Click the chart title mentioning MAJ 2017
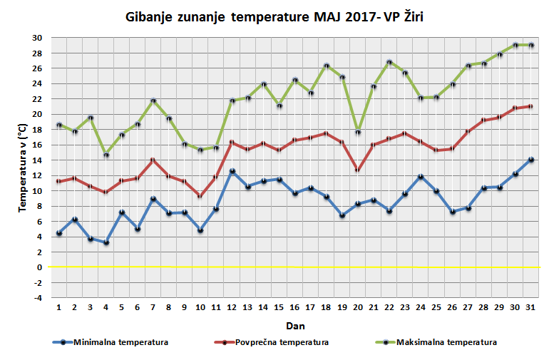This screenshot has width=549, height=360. (x=274, y=16)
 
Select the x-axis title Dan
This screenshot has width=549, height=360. (x=296, y=325)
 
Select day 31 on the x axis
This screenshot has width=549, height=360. (x=530, y=308)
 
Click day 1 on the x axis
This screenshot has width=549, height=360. (x=59, y=308)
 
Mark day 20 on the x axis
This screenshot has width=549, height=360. (x=358, y=308)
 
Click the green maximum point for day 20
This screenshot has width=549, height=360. (x=358, y=132)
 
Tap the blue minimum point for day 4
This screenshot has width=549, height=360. (x=106, y=242)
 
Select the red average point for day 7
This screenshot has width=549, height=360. (x=153, y=160)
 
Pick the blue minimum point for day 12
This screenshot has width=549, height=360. (x=232, y=171)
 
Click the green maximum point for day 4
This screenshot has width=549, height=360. (x=106, y=155)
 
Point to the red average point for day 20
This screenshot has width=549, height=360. (x=358, y=170)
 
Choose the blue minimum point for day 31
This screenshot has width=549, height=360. (x=531, y=160)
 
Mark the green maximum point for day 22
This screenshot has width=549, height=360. (x=389, y=62)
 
